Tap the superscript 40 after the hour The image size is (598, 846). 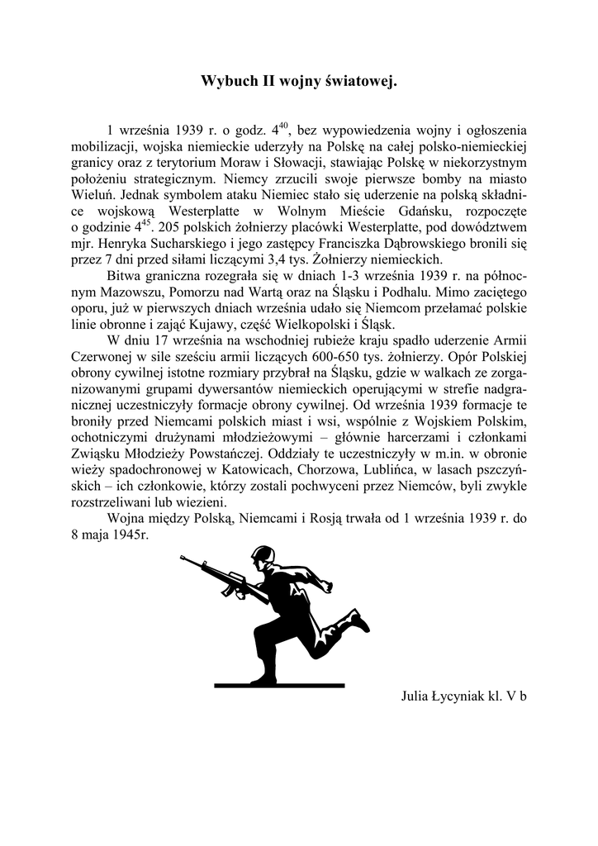click(x=282, y=126)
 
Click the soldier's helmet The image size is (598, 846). click(x=263, y=555)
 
